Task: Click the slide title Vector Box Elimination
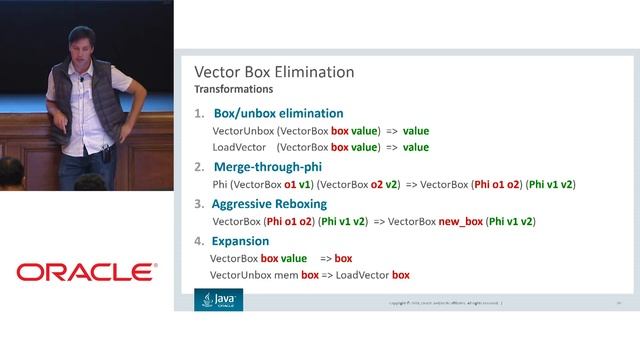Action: click(273, 72)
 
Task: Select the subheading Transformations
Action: click(233, 90)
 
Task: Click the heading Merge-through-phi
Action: click(267, 167)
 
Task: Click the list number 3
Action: click(199, 203)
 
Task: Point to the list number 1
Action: click(199, 113)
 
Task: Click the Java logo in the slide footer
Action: click(218, 299)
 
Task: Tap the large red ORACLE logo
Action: click(86, 272)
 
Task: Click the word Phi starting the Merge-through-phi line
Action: click(221, 184)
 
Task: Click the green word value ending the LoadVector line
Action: click(415, 147)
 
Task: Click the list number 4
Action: click(199, 241)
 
